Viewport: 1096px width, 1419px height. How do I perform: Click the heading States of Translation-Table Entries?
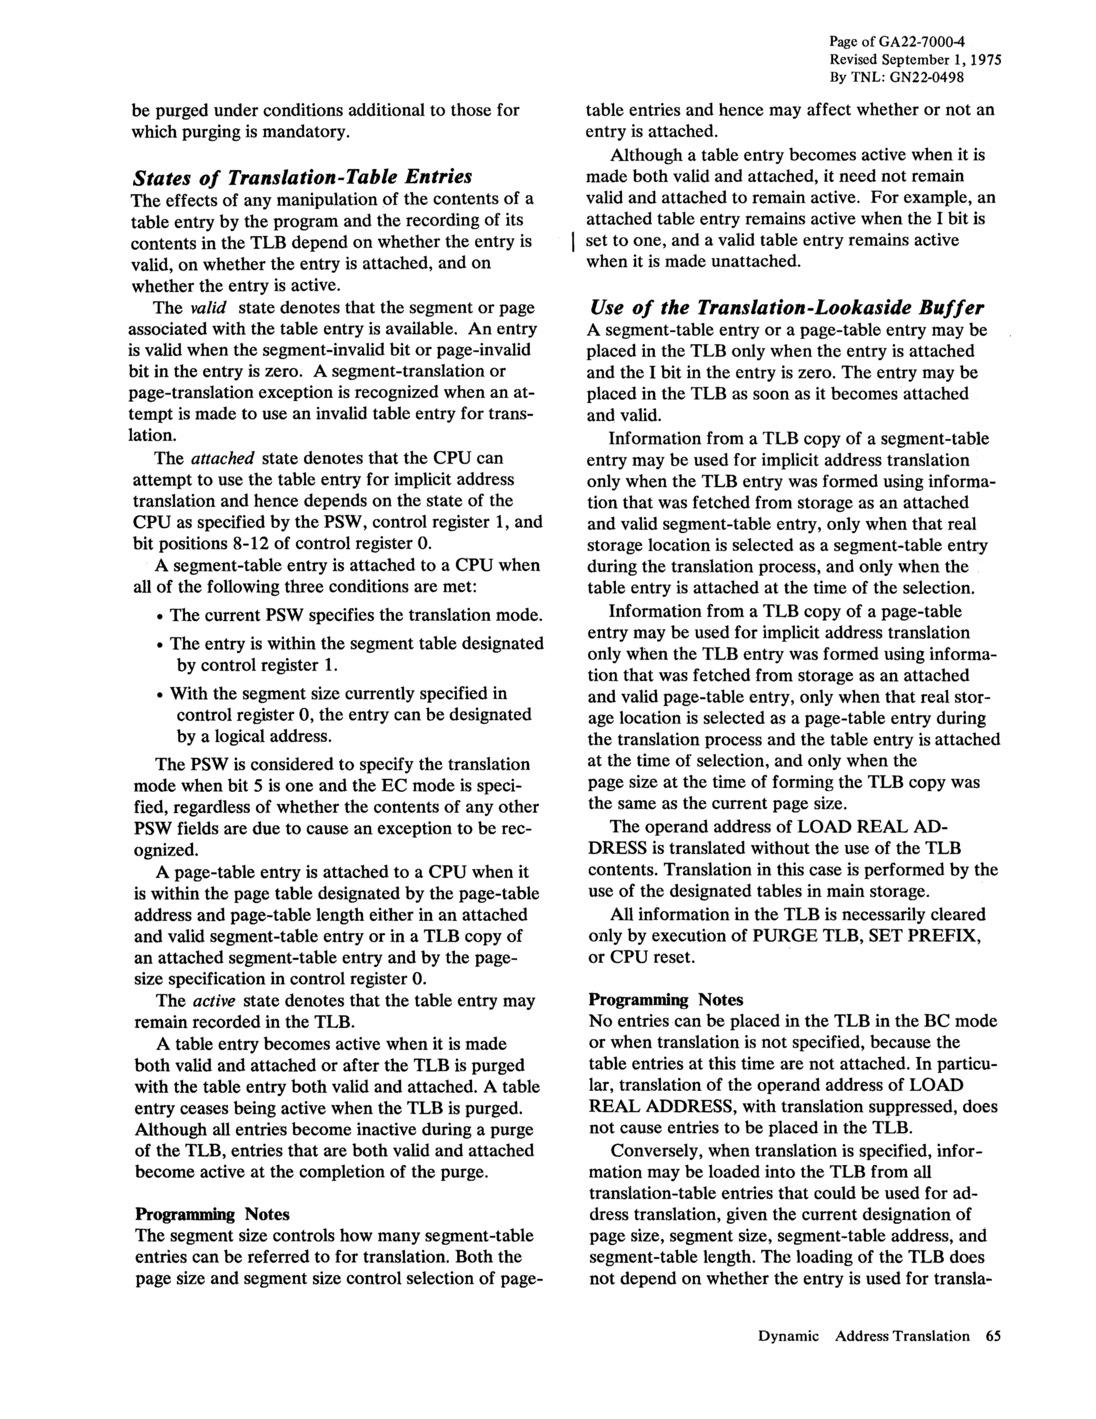(x=302, y=177)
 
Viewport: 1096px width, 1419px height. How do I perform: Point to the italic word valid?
(x=207, y=307)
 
